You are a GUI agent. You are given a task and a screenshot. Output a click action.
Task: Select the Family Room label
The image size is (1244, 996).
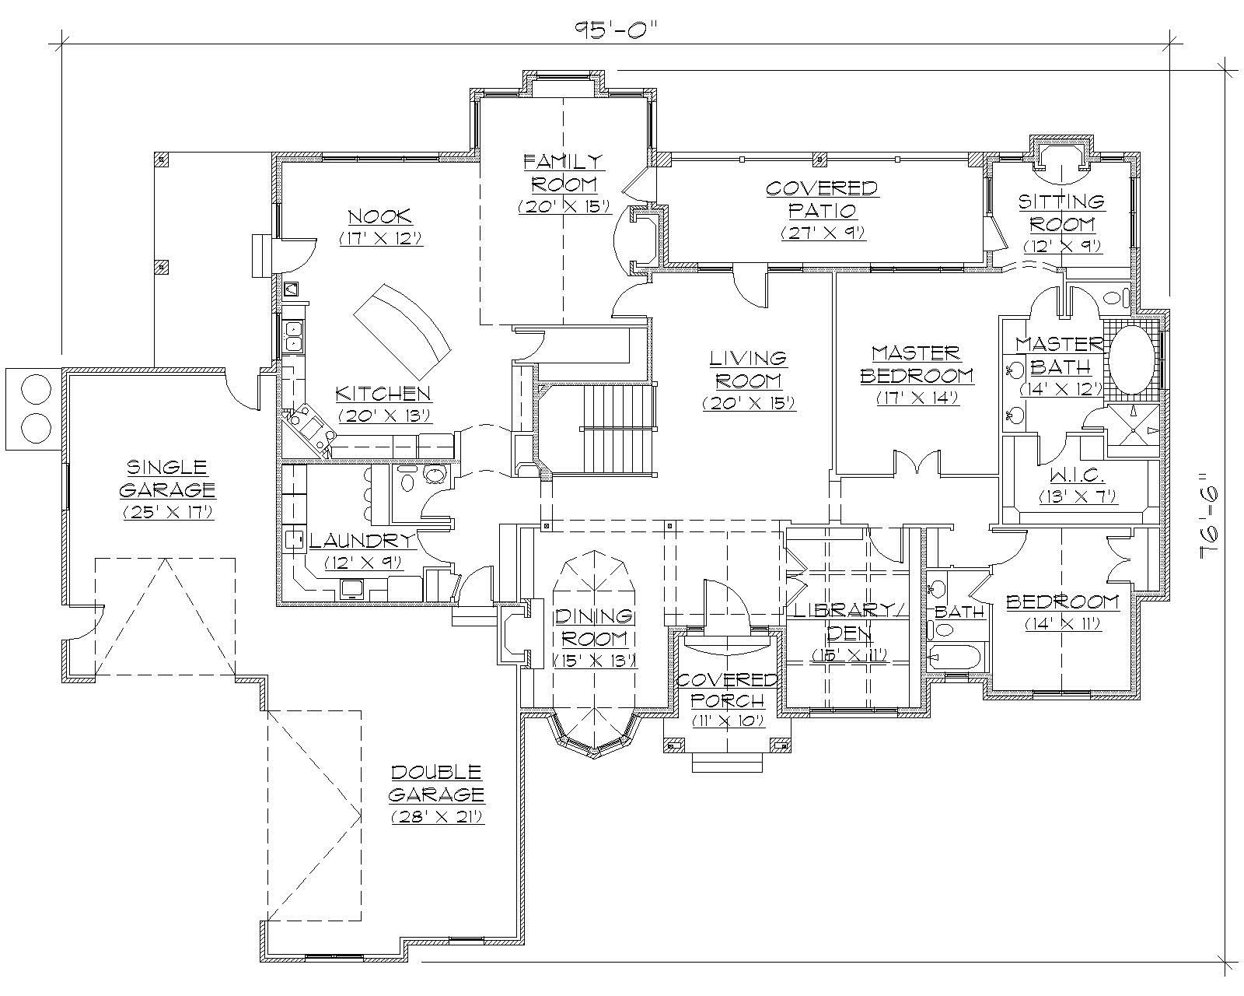pos(563,173)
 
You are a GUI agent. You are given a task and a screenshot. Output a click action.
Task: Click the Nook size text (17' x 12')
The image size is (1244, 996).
pos(380,239)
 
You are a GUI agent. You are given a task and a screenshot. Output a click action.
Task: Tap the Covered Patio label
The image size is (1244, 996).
pos(822,199)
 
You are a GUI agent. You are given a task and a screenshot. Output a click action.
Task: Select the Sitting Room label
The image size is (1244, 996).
pos(1062,212)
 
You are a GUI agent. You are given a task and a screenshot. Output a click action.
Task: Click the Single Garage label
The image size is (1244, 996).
pos(167,478)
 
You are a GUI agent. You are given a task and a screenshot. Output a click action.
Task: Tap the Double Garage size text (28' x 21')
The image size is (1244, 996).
pos(437,817)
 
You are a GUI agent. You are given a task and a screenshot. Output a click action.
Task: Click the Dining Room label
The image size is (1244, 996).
pos(594,627)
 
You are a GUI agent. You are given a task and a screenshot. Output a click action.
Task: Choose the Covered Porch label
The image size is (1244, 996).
pos(727,689)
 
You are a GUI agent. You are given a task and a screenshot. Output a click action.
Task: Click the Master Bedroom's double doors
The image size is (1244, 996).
pos(917,464)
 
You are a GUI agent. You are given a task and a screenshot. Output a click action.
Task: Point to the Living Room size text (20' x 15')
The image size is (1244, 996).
pos(748,403)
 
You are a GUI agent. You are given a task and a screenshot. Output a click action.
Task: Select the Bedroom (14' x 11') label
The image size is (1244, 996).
pos(1062,601)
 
